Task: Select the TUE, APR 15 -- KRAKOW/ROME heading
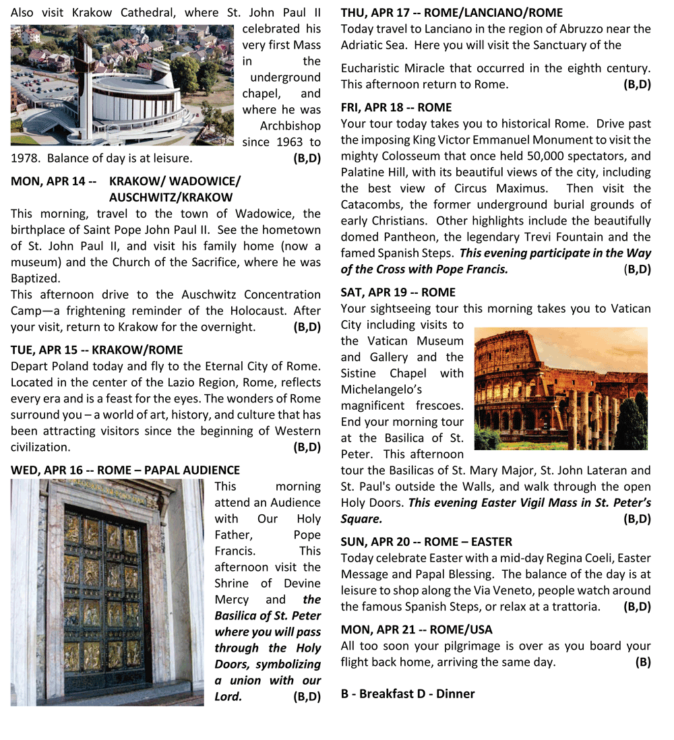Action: [x=97, y=350]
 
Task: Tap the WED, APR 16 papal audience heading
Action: [x=125, y=470]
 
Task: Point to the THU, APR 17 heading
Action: [x=452, y=13]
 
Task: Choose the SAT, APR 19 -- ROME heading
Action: [x=398, y=292]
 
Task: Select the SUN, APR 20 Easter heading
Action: [x=427, y=542]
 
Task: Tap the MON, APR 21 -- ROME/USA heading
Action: [x=417, y=629]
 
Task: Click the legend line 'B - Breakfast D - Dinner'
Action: [x=408, y=693]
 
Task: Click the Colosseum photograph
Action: [x=561, y=388]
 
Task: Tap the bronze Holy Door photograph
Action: [x=107, y=592]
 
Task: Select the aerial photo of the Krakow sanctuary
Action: [x=122, y=85]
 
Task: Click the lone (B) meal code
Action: [x=642, y=662]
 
